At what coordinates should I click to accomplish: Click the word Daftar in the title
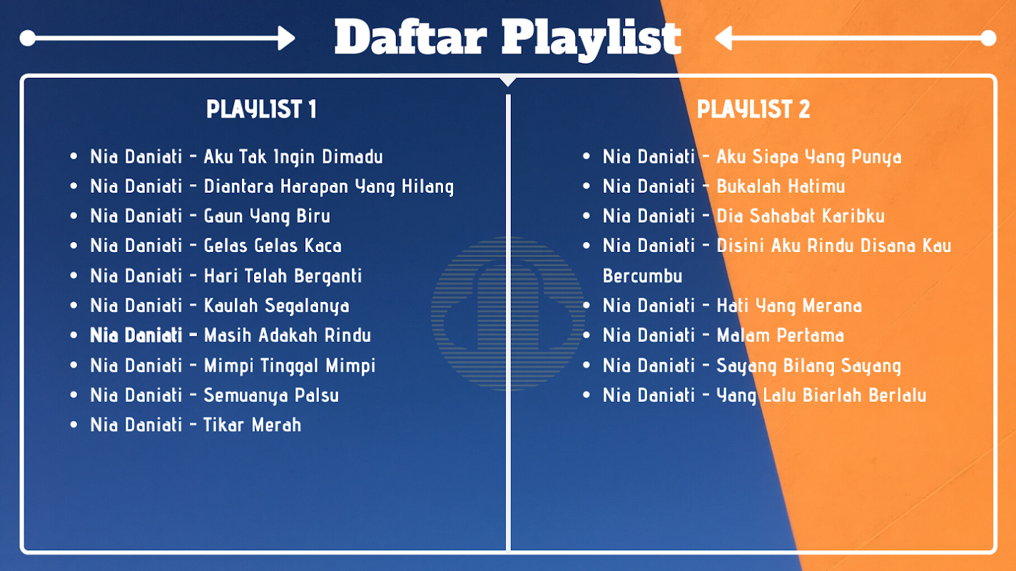tap(411, 38)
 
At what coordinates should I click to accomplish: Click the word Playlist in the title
tap(591, 40)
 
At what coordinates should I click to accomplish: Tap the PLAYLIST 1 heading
tap(261, 109)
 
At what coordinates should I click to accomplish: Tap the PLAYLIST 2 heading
tap(753, 109)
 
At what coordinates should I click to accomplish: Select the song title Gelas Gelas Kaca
tap(273, 246)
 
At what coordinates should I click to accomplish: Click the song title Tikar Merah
tap(252, 425)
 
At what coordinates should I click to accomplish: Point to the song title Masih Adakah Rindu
tap(287, 335)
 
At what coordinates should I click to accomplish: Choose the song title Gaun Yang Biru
tap(267, 216)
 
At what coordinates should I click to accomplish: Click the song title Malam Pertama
tap(780, 335)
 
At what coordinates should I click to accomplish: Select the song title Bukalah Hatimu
tap(781, 186)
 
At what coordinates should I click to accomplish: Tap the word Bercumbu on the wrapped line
tap(642, 276)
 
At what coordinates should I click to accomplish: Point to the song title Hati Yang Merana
tap(789, 306)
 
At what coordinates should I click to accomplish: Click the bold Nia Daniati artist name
tap(136, 335)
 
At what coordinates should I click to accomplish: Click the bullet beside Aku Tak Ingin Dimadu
tap(74, 156)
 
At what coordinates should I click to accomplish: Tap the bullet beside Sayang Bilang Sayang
tap(586, 365)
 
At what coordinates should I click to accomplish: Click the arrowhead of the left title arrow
tap(287, 38)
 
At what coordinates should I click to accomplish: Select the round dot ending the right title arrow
tap(988, 38)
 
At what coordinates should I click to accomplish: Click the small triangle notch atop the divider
tap(508, 81)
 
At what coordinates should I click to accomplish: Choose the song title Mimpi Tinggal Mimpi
tap(290, 366)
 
